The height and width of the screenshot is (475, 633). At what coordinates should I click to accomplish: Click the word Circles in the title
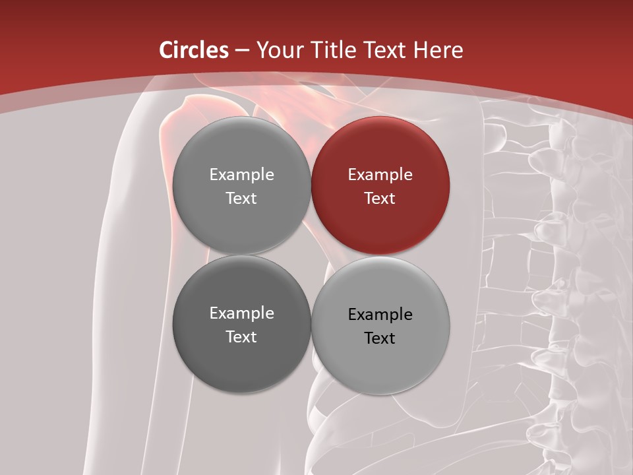[194, 50]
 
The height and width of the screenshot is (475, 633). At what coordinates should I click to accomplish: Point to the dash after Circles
[242, 51]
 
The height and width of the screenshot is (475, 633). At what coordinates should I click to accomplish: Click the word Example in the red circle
[380, 175]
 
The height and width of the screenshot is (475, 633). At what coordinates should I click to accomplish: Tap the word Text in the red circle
[380, 199]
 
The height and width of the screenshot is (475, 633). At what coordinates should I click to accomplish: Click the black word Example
[380, 315]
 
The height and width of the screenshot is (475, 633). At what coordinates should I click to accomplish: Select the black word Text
[380, 338]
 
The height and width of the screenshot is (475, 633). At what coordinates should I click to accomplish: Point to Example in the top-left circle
[241, 175]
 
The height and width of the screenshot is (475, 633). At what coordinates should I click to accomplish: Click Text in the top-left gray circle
[241, 199]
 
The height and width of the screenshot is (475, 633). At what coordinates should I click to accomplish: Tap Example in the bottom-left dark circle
[241, 313]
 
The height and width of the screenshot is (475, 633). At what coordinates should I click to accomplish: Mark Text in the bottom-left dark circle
[241, 337]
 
